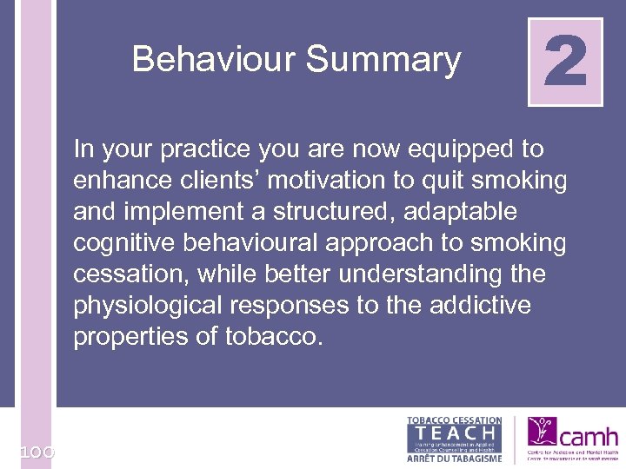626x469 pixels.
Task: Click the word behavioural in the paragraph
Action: [x=258, y=243]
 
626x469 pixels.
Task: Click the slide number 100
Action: [x=35, y=452]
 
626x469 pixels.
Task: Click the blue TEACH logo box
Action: [x=454, y=433]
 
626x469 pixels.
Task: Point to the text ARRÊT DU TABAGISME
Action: [x=454, y=457]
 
